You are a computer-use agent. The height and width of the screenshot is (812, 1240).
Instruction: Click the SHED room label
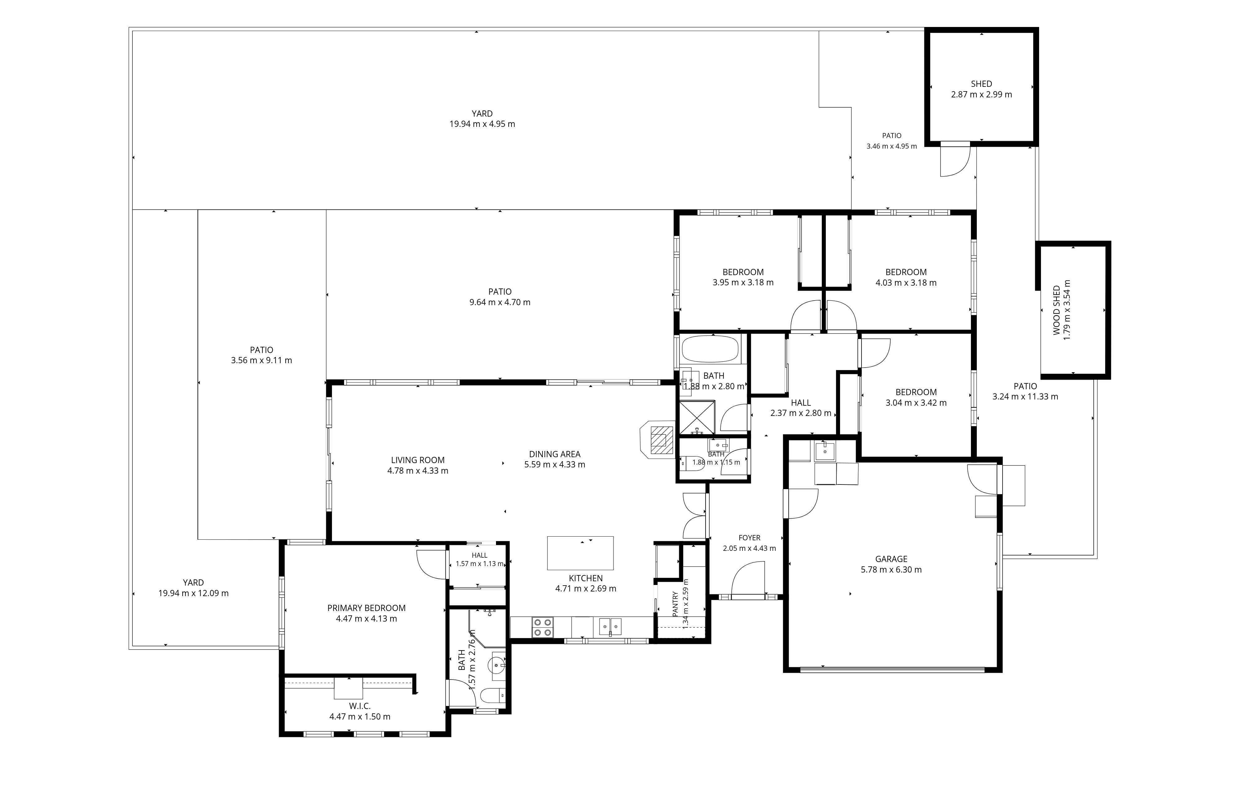click(x=981, y=84)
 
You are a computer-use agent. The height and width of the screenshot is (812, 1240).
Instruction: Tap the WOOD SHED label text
click(x=1056, y=310)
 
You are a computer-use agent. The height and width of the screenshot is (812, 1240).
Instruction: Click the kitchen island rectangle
click(x=580, y=553)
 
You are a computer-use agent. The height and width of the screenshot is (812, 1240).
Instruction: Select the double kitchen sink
click(x=609, y=627)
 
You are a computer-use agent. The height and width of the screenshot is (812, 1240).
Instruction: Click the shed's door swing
click(x=954, y=159)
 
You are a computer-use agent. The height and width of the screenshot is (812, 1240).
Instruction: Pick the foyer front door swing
click(x=748, y=578)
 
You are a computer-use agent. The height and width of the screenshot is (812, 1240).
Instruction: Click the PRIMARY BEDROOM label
click(x=366, y=608)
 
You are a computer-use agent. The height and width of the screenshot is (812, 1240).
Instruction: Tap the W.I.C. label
click(x=360, y=706)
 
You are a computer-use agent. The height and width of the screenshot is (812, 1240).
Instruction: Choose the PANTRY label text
click(x=675, y=604)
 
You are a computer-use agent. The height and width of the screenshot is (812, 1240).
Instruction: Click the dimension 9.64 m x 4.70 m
click(x=500, y=302)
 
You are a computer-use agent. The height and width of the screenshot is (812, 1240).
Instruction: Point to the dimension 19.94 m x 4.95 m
click(x=482, y=124)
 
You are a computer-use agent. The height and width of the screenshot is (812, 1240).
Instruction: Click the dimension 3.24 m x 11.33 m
click(x=1025, y=397)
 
